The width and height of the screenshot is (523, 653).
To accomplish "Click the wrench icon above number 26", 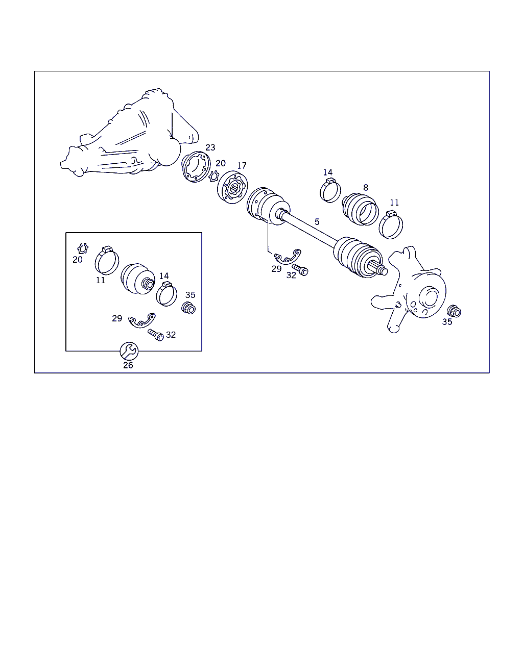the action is tap(129, 351).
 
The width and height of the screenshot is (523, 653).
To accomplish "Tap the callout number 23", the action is tap(210, 147).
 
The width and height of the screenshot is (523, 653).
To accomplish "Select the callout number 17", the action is tap(242, 166).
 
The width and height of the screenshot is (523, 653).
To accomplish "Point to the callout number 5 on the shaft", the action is tap(317, 222).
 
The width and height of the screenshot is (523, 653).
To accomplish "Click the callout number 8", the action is tap(366, 188).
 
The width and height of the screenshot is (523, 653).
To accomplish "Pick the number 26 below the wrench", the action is tap(128, 365).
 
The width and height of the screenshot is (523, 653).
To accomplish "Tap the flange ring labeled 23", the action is tap(196, 167).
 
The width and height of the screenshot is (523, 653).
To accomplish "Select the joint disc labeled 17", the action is tap(232, 187).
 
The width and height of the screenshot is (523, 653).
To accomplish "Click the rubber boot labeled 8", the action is tap(361, 209).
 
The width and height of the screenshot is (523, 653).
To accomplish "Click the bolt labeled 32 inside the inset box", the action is tap(156, 335).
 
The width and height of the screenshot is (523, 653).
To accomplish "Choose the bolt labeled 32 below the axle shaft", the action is tap(300, 270).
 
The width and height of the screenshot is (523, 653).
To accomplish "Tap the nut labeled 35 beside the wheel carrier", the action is tap(455, 311).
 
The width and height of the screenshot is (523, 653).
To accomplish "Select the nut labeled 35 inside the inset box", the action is tap(188, 308).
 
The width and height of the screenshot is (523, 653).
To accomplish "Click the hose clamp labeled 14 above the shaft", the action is tap(330, 190).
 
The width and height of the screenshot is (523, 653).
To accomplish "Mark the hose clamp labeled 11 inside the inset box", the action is tap(107, 260).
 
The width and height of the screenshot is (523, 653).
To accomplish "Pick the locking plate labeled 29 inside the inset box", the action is tap(141, 321).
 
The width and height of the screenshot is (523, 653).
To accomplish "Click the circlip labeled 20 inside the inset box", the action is tap(83, 248).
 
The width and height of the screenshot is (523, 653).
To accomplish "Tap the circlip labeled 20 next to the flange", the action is tap(214, 176).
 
